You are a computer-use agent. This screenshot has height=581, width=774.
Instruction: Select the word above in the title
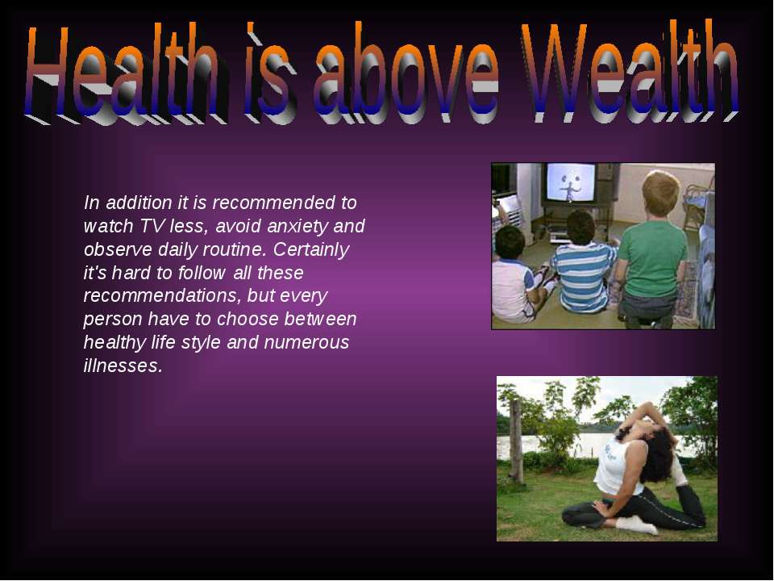(406, 73)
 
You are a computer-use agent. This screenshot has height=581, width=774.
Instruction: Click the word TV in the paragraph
(151, 226)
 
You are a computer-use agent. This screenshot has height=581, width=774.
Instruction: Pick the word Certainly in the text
(311, 250)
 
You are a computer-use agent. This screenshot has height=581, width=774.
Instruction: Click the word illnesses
(123, 366)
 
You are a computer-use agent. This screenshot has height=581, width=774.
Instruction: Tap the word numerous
(306, 343)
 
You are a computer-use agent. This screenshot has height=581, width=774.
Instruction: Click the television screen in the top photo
(571, 182)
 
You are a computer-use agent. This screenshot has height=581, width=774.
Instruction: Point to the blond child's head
(661, 194)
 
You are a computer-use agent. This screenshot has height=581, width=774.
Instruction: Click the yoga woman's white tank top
(616, 465)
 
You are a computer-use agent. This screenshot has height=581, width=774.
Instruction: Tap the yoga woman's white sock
(637, 525)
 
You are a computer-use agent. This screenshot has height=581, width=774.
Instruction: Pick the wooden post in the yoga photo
(516, 441)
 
